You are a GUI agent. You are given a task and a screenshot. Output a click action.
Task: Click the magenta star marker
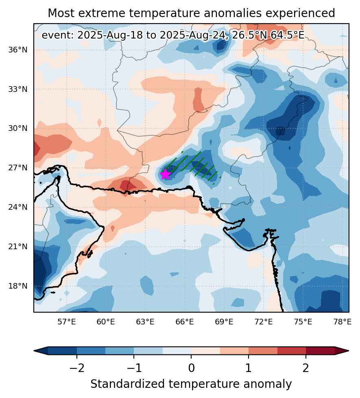click(x=165, y=174)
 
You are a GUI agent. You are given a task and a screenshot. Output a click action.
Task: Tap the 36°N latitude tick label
click(x=18, y=50)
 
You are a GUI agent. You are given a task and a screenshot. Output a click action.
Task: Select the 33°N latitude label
click(x=18, y=89)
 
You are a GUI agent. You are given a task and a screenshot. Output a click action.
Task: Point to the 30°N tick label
click(x=18, y=128)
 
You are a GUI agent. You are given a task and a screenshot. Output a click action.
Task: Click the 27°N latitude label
click(x=18, y=168)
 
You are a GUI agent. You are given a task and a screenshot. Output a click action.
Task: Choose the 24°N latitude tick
click(x=18, y=207)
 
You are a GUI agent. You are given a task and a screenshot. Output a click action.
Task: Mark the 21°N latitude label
click(x=18, y=247)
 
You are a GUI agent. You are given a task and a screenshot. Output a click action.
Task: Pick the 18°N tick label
click(x=18, y=286)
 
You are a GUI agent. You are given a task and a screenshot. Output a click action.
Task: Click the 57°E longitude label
click(x=67, y=322)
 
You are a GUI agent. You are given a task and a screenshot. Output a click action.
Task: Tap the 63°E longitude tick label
click(x=145, y=322)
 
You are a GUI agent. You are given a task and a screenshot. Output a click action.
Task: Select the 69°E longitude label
click(x=224, y=322)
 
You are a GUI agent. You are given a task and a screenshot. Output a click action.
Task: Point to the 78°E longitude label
click(x=343, y=322)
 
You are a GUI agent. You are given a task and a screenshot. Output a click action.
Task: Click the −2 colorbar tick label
click(x=77, y=368)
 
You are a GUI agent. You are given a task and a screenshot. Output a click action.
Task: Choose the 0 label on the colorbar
click(x=191, y=368)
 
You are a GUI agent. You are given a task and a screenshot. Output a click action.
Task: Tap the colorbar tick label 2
click(x=306, y=368)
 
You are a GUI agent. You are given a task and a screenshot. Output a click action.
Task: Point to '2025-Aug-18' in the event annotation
click(x=110, y=35)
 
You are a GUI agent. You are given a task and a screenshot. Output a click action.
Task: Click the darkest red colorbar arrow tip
click(x=349, y=351)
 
